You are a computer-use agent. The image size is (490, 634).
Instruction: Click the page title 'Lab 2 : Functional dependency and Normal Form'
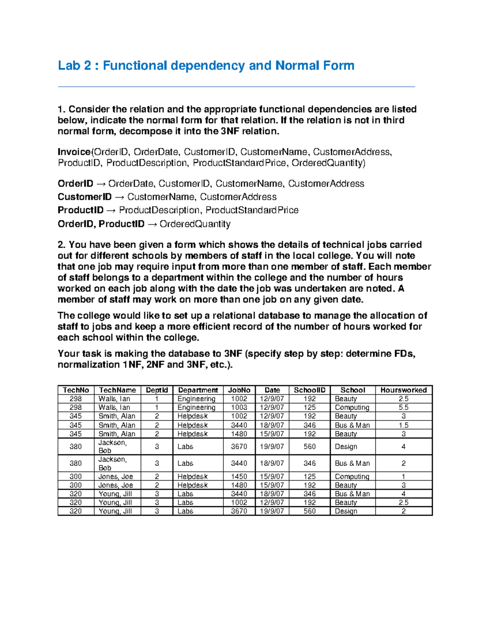tap(206, 65)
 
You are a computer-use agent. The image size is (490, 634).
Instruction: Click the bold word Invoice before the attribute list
tap(74, 152)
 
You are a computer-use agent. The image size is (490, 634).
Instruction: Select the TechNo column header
tap(76, 390)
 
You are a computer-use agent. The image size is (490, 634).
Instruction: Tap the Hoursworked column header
tap(403, 390)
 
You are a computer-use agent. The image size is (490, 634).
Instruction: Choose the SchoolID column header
tap(310, 390)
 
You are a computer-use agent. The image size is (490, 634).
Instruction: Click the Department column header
tap(198, 390)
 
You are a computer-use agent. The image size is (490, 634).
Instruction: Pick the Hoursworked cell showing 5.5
tap(403, 407)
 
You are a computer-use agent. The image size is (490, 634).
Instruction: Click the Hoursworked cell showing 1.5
tap(403, 425)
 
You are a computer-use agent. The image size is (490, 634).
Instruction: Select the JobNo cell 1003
tap(239, 407)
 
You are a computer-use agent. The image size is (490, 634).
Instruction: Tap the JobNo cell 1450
tap(239, 476)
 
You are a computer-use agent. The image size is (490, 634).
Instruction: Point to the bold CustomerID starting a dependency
tap(85, 197)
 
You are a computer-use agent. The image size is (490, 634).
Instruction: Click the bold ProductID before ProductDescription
tap(80, 210)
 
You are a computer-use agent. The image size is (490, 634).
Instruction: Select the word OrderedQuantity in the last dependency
tap(195, 224)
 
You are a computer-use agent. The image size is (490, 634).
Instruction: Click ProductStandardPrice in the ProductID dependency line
tap(252, 210)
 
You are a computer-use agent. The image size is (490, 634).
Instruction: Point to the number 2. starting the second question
tap(62, 245)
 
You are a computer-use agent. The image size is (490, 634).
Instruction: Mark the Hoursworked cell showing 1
tap(403, 476)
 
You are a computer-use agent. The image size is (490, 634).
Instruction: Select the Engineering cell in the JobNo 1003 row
tap(196, 407)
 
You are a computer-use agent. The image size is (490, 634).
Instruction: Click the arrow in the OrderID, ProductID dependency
tap(152, 224)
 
